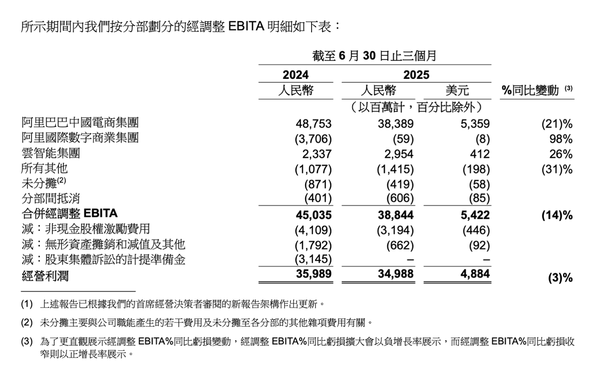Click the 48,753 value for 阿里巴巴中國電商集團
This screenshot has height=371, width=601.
[x=314, y=124]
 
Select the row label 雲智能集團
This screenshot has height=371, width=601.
[x=51, y=154]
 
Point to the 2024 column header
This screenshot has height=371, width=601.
[x=296, y=75]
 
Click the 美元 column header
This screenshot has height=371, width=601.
[x=457, y=90]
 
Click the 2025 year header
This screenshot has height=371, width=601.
[x=416, y=75]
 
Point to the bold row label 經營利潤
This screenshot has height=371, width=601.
[x=44, y=275]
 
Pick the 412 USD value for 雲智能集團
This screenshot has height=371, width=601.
[x=480, y=154]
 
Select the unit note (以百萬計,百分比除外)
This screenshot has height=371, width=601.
[x=416, y=106]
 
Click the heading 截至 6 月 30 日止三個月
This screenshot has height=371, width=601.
[x=374, y=56]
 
